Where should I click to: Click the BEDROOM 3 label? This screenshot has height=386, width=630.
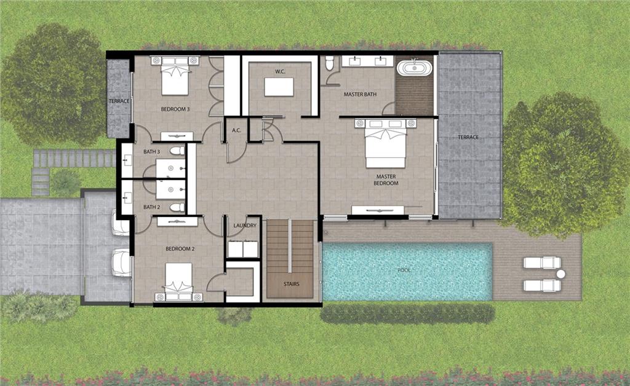point(175,109)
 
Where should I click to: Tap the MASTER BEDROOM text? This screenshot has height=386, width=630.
point(386,179)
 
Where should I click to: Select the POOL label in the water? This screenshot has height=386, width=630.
point(404,270)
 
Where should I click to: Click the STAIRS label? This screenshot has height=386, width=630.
point(291,284)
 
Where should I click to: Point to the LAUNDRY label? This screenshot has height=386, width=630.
point(245,226)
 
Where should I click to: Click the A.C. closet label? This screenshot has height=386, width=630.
point(236,130)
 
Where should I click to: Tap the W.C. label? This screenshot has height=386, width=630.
point(280,71)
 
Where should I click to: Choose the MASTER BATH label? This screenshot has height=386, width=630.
point(360,94)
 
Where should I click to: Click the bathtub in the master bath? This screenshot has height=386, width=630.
point(414,68)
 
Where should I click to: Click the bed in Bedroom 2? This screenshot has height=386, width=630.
point(179,282)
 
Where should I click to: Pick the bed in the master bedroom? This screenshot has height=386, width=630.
point(386,143)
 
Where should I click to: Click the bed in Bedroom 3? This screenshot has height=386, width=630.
point(175,76)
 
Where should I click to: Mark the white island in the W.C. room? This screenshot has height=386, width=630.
point(279,87)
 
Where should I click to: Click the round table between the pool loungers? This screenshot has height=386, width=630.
point(560,274)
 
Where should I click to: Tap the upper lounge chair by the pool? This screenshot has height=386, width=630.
point(542,262)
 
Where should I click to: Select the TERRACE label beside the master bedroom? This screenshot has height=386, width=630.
point(468,137)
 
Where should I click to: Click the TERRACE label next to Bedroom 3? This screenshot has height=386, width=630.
point(119,101)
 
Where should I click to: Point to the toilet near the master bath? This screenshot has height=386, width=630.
point(330,63)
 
